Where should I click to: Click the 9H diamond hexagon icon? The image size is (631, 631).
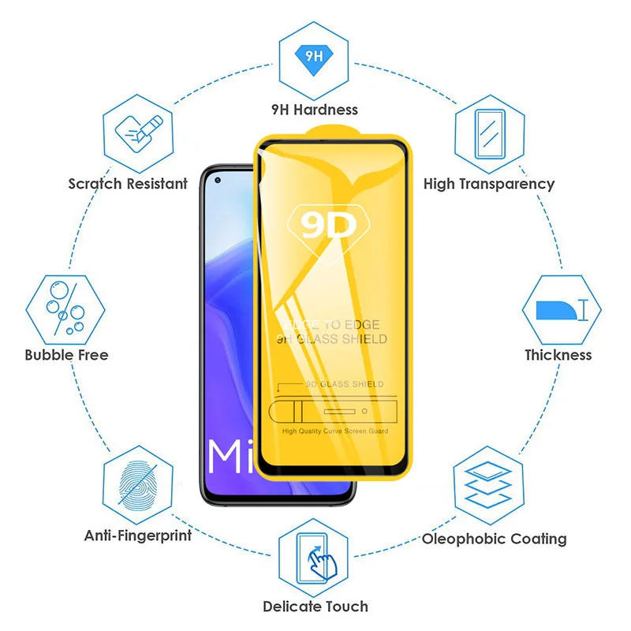pyautogui.click(x=314, y=56)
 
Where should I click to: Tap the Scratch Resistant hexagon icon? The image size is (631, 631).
pyautogui.click(x=136, y=131)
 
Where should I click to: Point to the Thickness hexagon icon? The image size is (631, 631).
pyautogui.click(x=559, y=308)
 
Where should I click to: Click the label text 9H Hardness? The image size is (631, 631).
pyautogui.click(x=314, y=110)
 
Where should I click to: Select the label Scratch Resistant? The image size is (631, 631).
pyautogui.click(x=128, y=184)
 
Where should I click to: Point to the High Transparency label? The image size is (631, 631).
pyautogui.click(x=489, y=184)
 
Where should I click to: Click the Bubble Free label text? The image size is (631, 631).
pyautogui.click(x=66, y=355)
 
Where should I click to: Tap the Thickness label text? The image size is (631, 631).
pyautogui.click(x=558, y=355)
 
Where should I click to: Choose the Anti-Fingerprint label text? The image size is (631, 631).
pyautogui.click(x=138, y=536)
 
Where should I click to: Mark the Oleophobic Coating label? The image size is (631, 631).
pyautogui.click(x=495, y=540)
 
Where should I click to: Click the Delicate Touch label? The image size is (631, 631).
pyautogui.click(x=315, y=607)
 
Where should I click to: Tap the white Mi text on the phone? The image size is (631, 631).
pyautogui.click(x=230, y=457)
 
